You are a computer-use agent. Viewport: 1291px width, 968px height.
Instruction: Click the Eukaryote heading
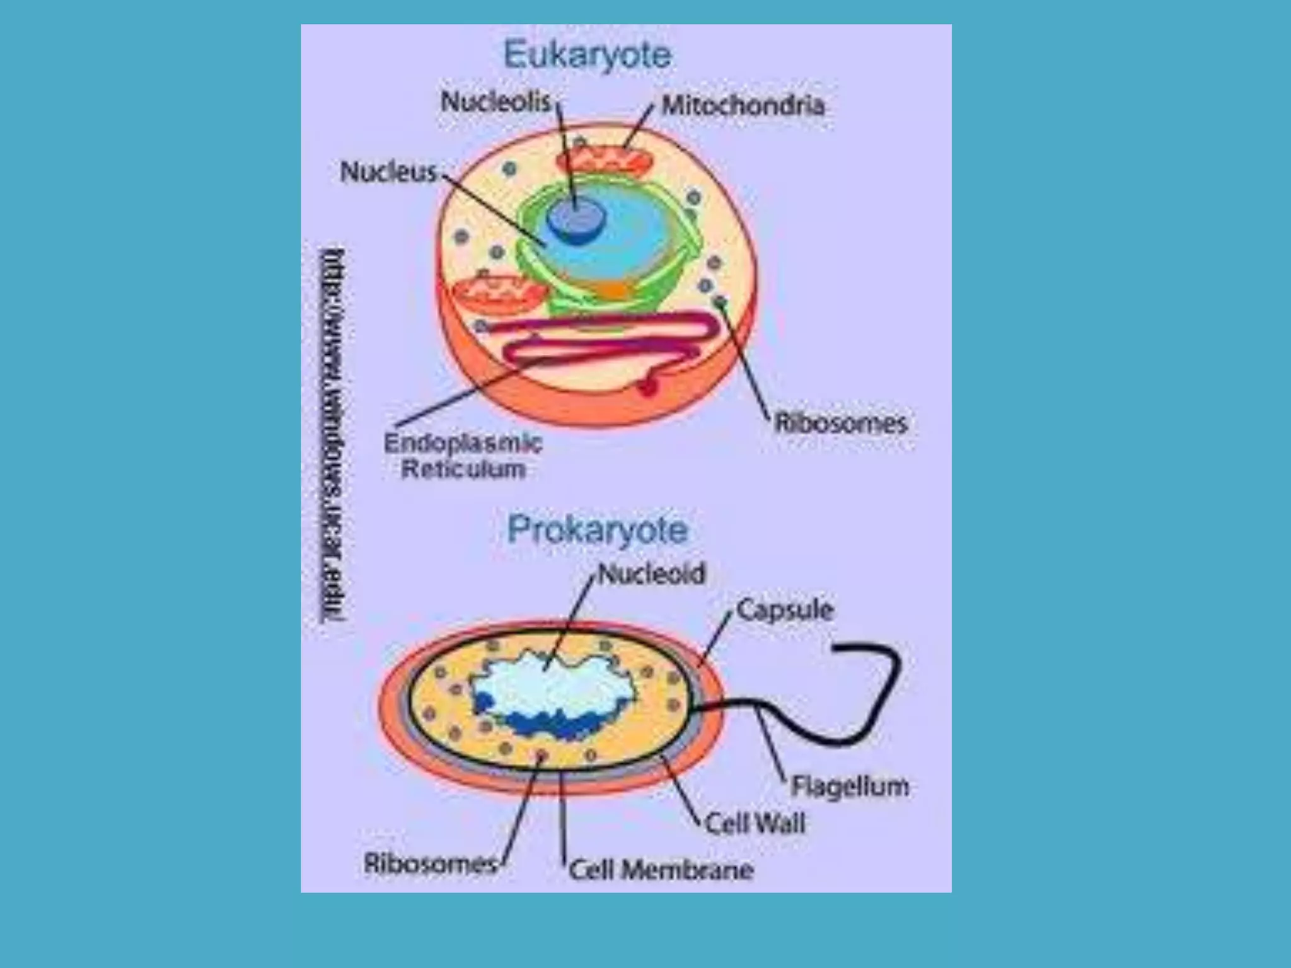point(588,55)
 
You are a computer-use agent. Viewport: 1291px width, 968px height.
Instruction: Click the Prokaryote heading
point(597,530)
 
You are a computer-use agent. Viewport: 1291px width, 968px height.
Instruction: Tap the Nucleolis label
point(496,101)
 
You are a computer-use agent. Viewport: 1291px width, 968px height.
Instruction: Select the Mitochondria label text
point(743,105)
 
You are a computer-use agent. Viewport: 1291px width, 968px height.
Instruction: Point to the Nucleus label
point(388,172)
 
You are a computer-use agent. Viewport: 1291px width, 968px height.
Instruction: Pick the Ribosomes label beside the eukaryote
point(840,423)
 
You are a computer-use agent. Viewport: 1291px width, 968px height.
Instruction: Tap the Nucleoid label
point(652,574)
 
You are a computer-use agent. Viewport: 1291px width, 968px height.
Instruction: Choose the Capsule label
point(785,610)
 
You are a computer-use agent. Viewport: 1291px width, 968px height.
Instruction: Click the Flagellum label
point(850,786)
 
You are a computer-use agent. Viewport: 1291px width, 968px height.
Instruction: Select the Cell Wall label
point(755,824)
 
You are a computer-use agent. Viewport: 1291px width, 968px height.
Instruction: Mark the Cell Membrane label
point(661,870)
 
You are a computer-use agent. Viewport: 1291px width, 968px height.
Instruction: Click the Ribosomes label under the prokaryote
point(431,863)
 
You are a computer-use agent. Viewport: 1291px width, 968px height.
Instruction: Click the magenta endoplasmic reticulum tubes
point(605,343)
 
